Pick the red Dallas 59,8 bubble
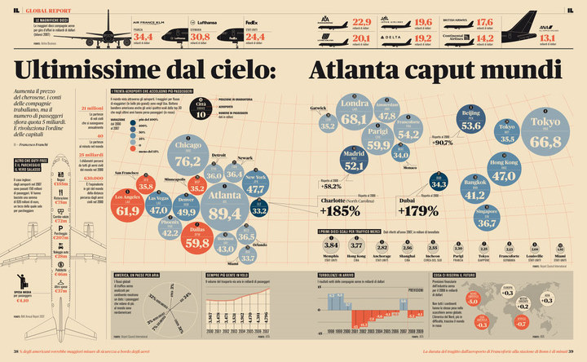click(196, 237)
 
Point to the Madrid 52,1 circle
click(354, 161)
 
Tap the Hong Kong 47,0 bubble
click(503, 171)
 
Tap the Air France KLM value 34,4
click(143, 38)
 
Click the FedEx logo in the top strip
click(251, 26)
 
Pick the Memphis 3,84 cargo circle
click(330, 245)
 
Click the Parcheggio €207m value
click(58, 237)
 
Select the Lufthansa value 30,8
click(200, 38)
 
